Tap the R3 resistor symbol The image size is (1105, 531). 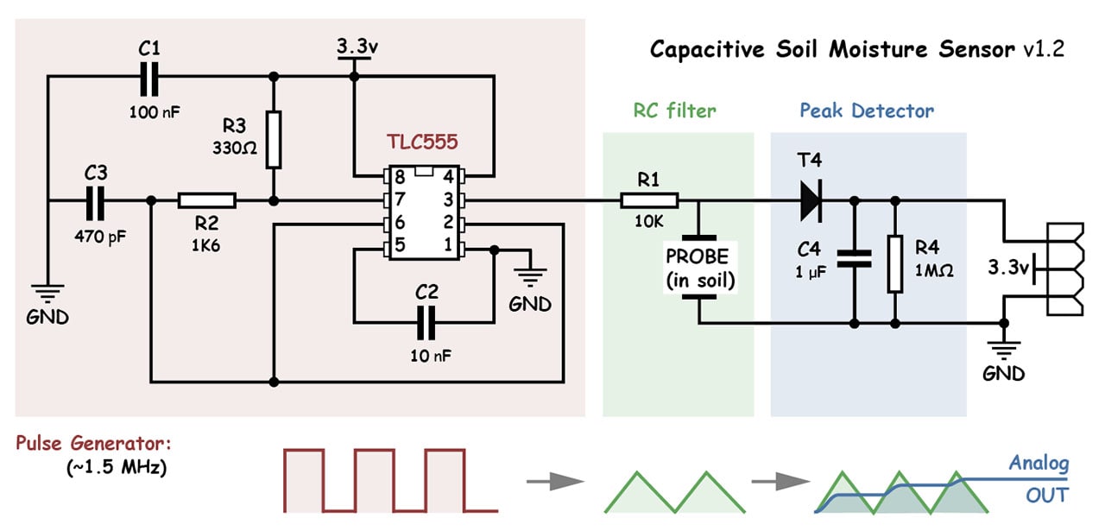(x=273, y=139)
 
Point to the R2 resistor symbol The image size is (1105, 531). (x=207, y=201)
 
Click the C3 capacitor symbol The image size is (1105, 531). (x=96, y=201)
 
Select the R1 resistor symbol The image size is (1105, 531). (x=649, y=201)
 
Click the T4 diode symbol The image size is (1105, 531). (x=810, y=201)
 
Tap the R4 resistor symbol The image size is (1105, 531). (x=893, y=262)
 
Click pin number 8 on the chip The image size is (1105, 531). (x=401, y=176)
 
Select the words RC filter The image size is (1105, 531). (x=675, y=111)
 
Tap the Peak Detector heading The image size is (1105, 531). (x=866, y=111)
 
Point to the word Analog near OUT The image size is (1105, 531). (x=1039, y=463)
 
